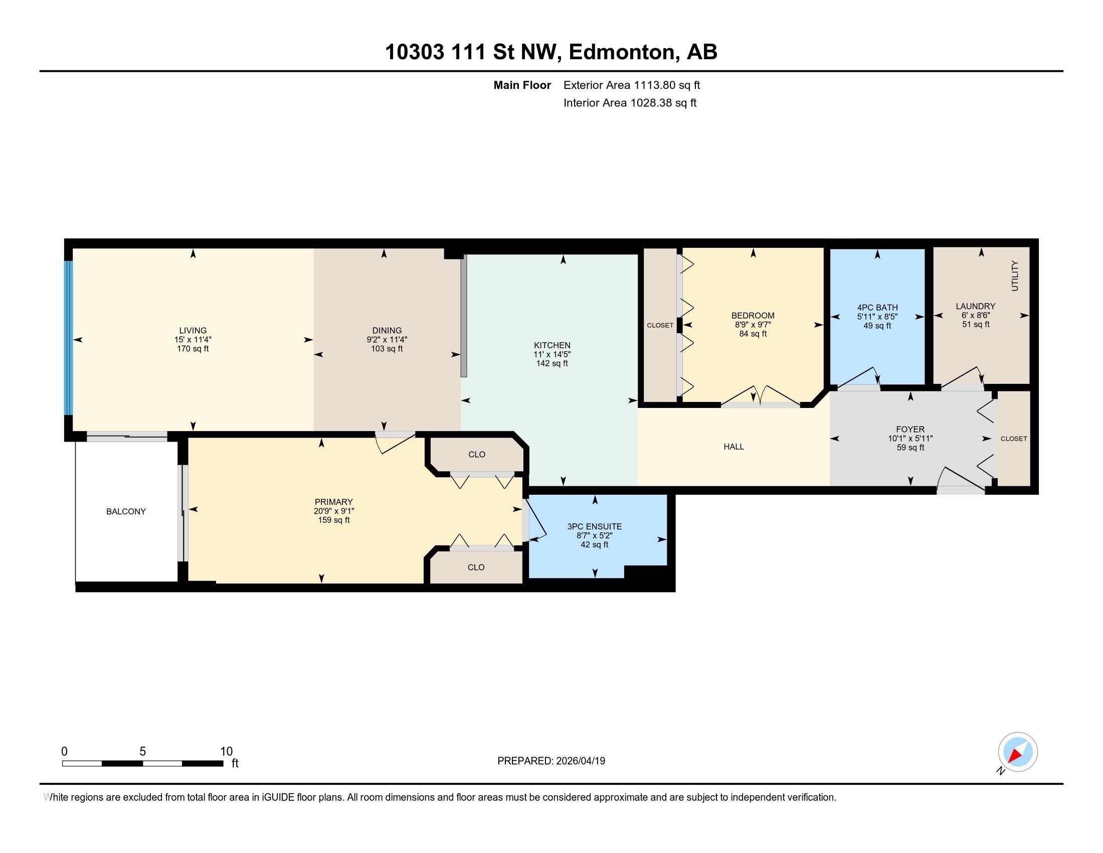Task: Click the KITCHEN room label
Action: point(552,346)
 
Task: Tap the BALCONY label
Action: point(126,511)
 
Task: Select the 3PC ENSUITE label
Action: point(595,526)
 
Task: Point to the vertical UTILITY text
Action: point(1015,276)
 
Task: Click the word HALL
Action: point(733,447)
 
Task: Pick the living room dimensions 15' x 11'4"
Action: point(193,340)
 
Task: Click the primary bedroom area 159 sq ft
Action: point(333,520)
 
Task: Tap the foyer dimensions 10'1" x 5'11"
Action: point(910,439)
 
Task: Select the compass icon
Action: point(1018,752)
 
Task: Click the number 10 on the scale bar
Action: point(226,752)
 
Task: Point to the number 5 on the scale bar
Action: point(142,752)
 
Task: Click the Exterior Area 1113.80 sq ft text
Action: point(631,85)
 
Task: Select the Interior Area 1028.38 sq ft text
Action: point(629,103)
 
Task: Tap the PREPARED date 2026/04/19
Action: point(580,761)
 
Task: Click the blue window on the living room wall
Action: point(69,337)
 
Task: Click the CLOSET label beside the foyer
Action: point(1014,439)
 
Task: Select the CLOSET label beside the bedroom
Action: point(660,326)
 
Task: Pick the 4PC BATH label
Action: point(877,307)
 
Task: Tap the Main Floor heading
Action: point(522,85)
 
